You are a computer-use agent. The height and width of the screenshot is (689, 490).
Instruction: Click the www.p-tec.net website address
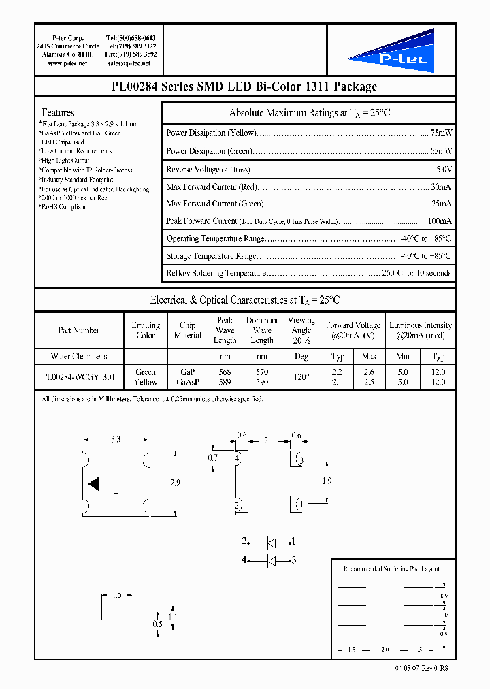(67, 63)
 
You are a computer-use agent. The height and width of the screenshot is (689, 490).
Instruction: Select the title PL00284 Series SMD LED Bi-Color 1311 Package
(244, 86)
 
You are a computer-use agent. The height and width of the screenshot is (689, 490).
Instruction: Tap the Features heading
(58, 112)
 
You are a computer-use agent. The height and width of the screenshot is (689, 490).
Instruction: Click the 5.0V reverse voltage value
(443, 169)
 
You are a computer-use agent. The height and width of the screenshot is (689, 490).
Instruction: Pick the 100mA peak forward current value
(438, 221)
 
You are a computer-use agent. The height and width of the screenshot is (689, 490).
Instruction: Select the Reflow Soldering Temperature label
(216, 273)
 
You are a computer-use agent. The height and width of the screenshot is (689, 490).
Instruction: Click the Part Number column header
(79, 330)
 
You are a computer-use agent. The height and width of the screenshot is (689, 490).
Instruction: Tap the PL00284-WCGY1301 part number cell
(79, 377)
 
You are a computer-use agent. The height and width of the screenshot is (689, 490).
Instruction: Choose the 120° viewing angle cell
(301, 377)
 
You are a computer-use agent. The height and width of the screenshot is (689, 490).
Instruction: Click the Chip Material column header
(188, 330)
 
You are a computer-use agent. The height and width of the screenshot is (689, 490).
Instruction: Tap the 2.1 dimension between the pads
(268, 441)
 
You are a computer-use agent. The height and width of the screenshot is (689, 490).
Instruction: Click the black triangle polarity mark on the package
(94, 484)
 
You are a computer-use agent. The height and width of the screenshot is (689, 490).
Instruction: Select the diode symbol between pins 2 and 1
(271, 543)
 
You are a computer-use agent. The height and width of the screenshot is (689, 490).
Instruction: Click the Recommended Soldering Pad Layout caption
(391, 568)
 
